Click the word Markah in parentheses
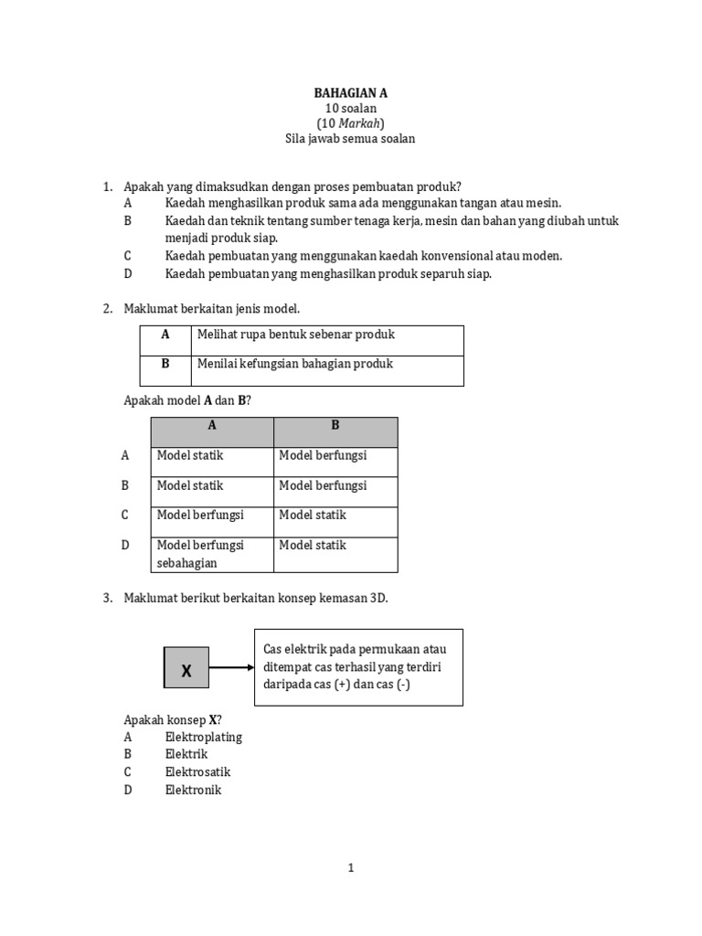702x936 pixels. tap(361, 123)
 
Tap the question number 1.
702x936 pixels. tap(107, 186)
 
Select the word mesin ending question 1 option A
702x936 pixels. tap(545, 203)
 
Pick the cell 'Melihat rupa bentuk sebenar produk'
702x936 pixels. tap(296, 335)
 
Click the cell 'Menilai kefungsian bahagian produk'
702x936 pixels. tap(295, 364)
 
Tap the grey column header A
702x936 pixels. tap(212, 425)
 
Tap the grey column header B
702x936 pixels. tap(335, 425)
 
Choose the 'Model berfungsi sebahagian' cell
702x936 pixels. tap(201, 554)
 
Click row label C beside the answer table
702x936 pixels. tap(125, 516)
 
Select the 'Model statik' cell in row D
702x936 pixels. tap(313, 546)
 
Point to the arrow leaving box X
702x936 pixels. tap(231, 667)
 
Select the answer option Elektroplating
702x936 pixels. tap(204, 737)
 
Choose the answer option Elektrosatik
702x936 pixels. tap(198, 772)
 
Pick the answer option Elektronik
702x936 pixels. tap(194, 790)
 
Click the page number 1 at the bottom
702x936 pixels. tap(351, 868)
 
